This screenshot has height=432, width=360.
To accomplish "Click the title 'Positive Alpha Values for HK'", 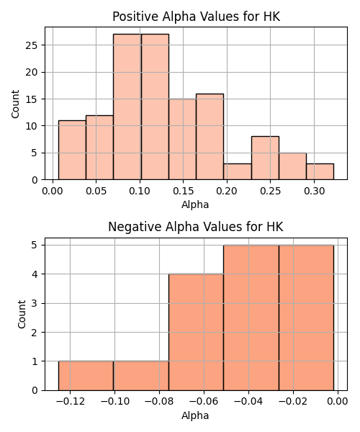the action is click(x=196, y=17).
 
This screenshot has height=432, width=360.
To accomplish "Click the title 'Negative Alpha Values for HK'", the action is click(x=196, y=227).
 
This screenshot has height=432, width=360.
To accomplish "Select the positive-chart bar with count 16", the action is click(x=210, y=137).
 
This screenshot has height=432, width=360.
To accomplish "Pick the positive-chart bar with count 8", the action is click(x=265, y=158).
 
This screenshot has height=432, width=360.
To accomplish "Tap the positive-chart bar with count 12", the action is click(x=99, y=148).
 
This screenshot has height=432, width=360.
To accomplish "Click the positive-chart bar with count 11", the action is click(x=72, y=150).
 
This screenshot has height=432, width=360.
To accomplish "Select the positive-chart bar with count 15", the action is click(x=182, y=140).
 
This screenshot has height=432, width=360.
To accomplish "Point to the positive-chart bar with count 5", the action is click(x=292, y=166).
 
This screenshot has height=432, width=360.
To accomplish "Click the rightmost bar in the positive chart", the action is click(x=320, y=171).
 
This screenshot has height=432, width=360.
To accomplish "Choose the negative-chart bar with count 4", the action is click(x=196, y=332).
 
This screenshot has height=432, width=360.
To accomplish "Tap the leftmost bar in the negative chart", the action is click(x=86, y=376).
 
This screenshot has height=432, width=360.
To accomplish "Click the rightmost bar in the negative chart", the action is click(x=306, y=318).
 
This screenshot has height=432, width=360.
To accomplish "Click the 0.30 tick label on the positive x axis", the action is click(x=314, y=191).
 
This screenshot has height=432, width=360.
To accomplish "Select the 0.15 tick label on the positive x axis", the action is click(x=183, y=191).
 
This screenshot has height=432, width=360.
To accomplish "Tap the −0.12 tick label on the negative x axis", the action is click(x=70, y=402).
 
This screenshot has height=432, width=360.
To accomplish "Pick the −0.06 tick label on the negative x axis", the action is click(x=204, y=402).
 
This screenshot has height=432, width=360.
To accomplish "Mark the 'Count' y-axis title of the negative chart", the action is click(x=22, y=315).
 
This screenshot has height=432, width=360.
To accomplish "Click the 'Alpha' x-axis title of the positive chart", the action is click(x=195, y=204).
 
